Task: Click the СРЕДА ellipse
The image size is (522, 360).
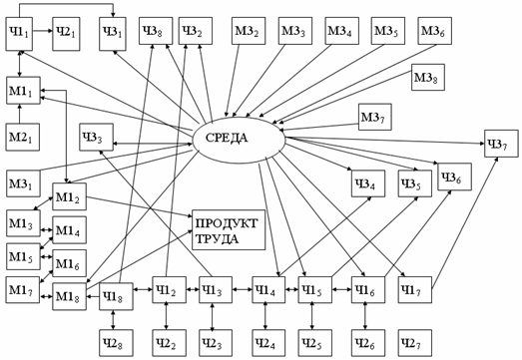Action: (x=239, y=140)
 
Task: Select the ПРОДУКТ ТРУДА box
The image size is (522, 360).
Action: (x=229, y=230)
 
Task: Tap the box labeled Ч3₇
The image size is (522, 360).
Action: (x=501, y=144)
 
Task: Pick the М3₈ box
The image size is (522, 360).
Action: (x=428, y=77)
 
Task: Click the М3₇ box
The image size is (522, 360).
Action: (x=375, y=117)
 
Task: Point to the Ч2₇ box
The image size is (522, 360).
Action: (x=415, y=343)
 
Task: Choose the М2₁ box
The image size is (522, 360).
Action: (x=23, y=137)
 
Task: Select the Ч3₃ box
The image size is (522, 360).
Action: (x=96, y=137)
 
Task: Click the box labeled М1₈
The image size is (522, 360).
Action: (x=69, y=296)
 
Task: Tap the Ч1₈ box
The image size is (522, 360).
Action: (x=116, y=296)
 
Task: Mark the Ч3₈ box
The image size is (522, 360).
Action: (x=156, y=31)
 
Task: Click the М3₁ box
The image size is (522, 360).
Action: (x=23, y=183)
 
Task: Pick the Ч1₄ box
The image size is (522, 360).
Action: (x=268, y=290)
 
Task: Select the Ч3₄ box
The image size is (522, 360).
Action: (x=368, y=183)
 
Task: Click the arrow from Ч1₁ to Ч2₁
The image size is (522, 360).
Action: (x=43, y=31)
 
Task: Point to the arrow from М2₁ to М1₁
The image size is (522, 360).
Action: (x=19, y=114)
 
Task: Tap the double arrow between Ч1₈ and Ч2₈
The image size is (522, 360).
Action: (x=113, y=320)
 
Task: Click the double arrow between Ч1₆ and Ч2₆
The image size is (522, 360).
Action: (x=365, y=316)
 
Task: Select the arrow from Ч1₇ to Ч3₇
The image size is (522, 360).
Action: (x=465, y=223)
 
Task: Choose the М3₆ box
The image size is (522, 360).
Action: (x=435, y=31)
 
